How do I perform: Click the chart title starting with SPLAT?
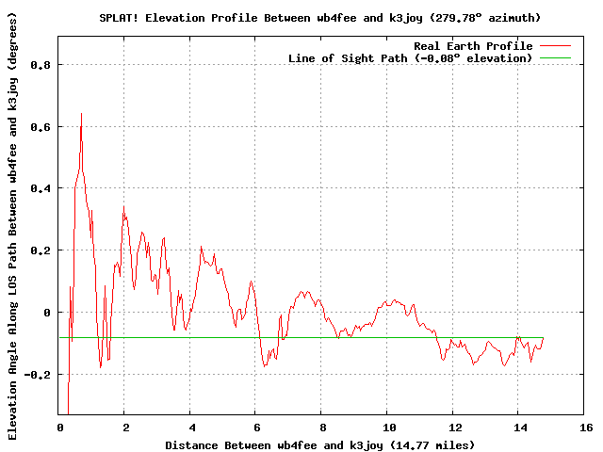coord(319,18)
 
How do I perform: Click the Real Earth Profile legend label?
coord(473,46)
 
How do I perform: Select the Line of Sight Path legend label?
coord(410,58)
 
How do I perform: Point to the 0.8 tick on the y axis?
coord(41,64)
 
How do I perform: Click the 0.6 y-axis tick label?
coord(41,126)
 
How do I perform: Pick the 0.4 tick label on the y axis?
coord(41,188)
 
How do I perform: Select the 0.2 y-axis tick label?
coord(41,250)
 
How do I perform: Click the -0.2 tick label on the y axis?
coord(38,374)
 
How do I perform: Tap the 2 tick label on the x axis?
coord(124,428)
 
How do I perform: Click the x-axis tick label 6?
coord(255,428)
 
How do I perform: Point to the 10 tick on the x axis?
coord(387,428)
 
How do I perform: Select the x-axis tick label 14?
coord(518,428)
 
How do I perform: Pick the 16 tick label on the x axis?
coord(584,428)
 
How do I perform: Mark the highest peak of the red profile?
coord(81,113)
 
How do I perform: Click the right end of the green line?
coord(543,337)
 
